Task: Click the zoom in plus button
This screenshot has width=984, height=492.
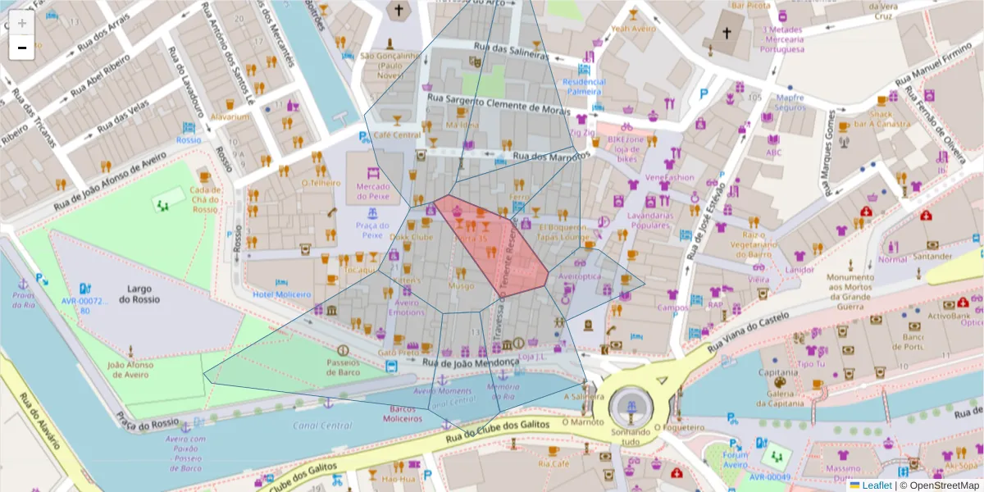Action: (21, 23)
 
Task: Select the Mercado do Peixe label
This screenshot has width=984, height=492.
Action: (373, 191)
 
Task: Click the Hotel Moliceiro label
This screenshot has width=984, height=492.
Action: (281, 294)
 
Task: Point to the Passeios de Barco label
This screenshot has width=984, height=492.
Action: (344, 367)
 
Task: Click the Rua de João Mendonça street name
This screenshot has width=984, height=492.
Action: (471, 362)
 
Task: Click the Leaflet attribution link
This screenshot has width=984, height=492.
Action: (876, 485)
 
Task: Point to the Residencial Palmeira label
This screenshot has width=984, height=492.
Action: (584, 86)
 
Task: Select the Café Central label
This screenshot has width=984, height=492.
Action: (397, 135)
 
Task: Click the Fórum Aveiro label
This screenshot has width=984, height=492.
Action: (736, 460)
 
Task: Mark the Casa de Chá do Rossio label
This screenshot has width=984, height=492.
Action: (205, 199)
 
